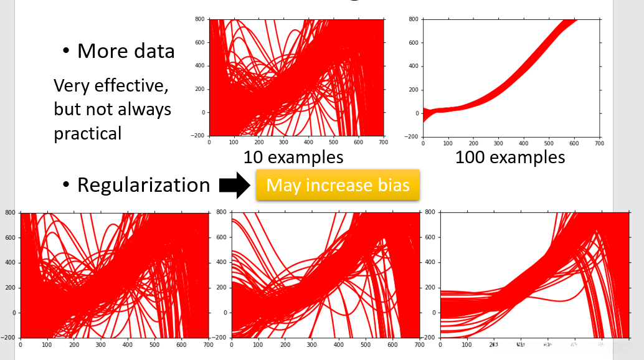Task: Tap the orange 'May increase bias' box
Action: pos(338,185)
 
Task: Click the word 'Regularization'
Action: pos(143,185)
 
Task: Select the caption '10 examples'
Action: pos(293,157)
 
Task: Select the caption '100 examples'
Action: pos(510,157)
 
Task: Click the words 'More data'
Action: pos(126,51)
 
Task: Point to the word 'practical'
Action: pos(87,133)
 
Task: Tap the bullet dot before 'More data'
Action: pos(66,52)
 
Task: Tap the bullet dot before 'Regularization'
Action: pos(66,186)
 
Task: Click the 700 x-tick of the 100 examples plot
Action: pos(599,143)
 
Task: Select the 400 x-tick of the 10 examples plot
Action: pos(309,143)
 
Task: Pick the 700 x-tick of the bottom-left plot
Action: pos(207,344)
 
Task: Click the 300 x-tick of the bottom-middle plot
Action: pos(311,344)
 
